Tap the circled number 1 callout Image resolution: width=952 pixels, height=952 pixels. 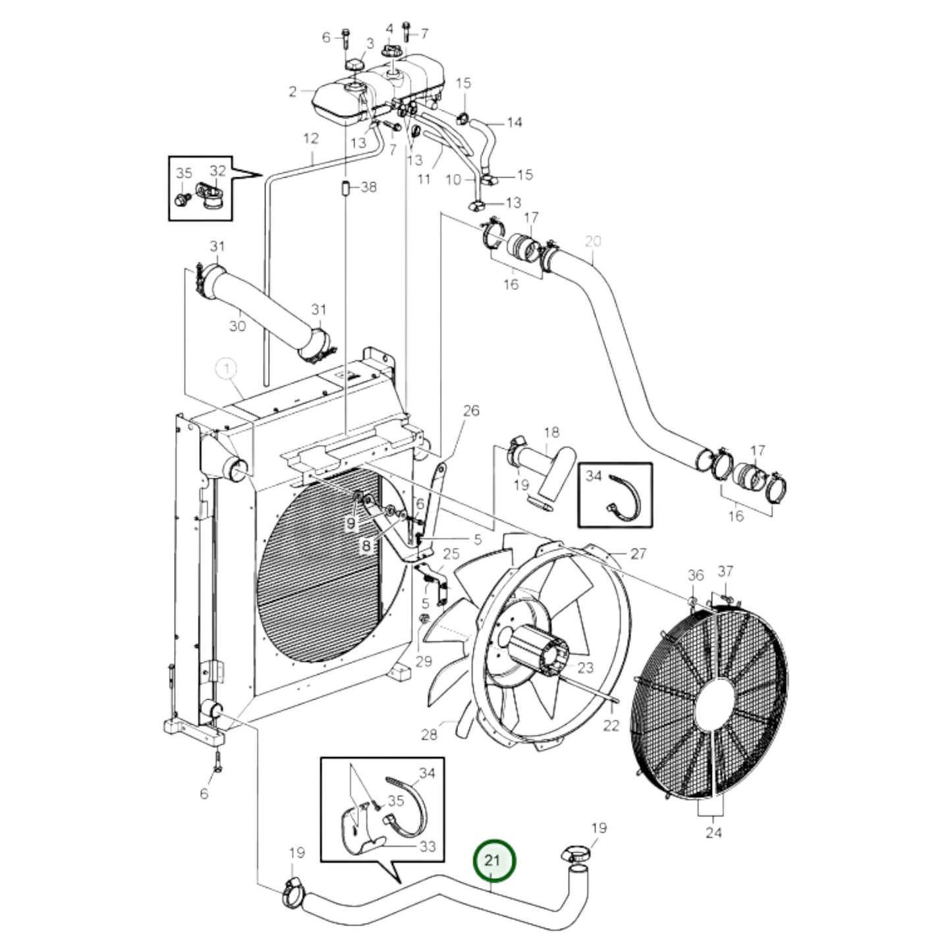(227, 370)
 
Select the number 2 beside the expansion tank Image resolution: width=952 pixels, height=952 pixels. (293, 92)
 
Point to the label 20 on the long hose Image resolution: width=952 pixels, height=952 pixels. (593, 242)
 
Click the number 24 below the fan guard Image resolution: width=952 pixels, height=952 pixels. (714, 832)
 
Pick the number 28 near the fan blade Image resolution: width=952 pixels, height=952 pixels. (429, 734)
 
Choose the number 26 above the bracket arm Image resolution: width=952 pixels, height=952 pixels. (471, 411)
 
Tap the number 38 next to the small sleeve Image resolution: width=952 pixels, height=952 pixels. (368, 187)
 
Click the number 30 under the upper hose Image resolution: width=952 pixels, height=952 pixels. (237, 326)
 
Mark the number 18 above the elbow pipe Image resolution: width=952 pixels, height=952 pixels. (551, 432)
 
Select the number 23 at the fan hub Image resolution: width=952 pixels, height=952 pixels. (586, 667)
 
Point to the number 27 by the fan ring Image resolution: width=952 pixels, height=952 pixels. (638, 553)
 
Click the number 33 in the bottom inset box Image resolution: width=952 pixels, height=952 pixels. (428, 846)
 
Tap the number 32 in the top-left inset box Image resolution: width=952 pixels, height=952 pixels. (218, 171)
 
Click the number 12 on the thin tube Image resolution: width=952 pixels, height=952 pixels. (311, 138)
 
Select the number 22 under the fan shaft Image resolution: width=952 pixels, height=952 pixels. (611, 725)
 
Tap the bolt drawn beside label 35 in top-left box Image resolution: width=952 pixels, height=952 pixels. (181, 197)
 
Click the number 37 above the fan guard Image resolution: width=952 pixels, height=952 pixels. (725, 571)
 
